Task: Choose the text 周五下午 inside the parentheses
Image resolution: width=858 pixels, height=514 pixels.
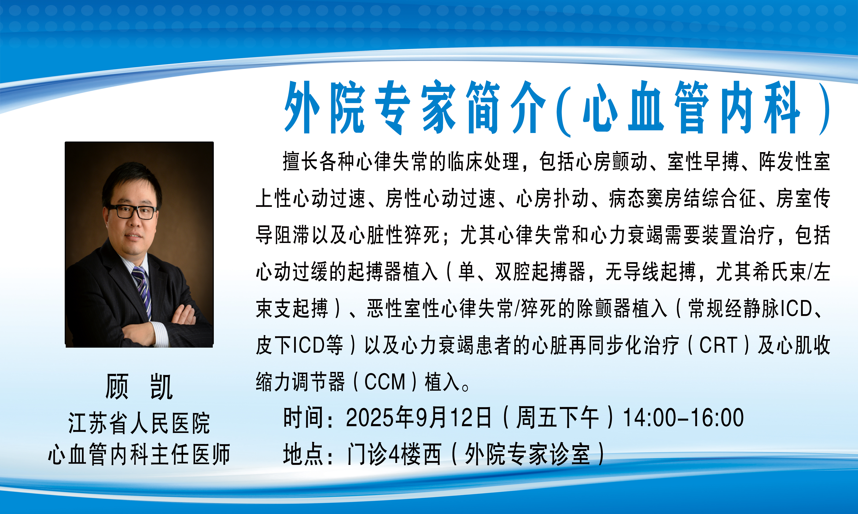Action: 558,417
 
